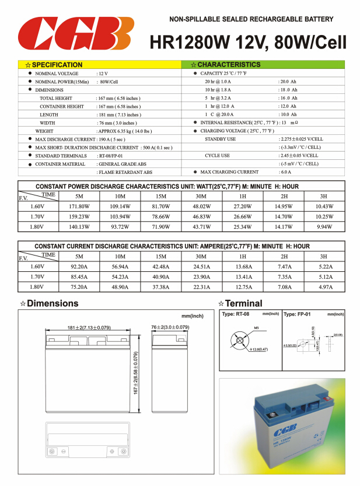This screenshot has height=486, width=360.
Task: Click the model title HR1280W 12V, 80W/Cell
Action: click(247, 42)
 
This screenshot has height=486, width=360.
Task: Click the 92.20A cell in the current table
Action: click(79, 267)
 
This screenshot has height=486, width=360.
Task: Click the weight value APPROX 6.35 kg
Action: click(125, 131)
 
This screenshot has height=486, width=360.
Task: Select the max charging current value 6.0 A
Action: click(285, 172)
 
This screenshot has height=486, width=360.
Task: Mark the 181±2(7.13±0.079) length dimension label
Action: click(89, 327)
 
